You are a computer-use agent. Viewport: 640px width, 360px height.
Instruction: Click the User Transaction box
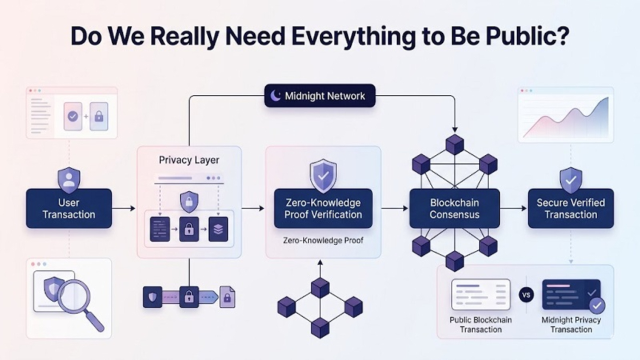tap(69, 208)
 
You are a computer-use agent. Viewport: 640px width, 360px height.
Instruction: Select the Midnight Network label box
tap(319, 95)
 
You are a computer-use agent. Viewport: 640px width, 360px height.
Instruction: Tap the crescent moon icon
tap(275, 95)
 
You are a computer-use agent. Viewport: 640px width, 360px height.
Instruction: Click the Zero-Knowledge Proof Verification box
tap(322, 208)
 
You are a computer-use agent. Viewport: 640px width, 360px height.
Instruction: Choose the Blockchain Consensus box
tap(454, 208)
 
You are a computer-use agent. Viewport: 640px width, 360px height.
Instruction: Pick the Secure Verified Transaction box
tap(570, 208)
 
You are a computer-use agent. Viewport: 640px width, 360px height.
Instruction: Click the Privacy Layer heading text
tap(189, 160)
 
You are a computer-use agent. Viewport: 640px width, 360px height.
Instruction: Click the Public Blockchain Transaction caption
tap(480, 324)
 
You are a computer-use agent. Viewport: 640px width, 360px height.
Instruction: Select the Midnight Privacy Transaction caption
tap(571, 324)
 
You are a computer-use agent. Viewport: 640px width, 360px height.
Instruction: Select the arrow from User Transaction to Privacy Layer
tap(123, 208)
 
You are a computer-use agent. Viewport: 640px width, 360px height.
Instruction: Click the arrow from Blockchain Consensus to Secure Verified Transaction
tap(513, 208)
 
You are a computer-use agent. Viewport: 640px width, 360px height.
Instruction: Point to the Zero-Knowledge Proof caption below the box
tap(322, 240)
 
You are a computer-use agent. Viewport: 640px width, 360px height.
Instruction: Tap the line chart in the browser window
tap(565, 118)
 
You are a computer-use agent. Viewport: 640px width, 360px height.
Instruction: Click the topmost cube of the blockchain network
tap(454, 144)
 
